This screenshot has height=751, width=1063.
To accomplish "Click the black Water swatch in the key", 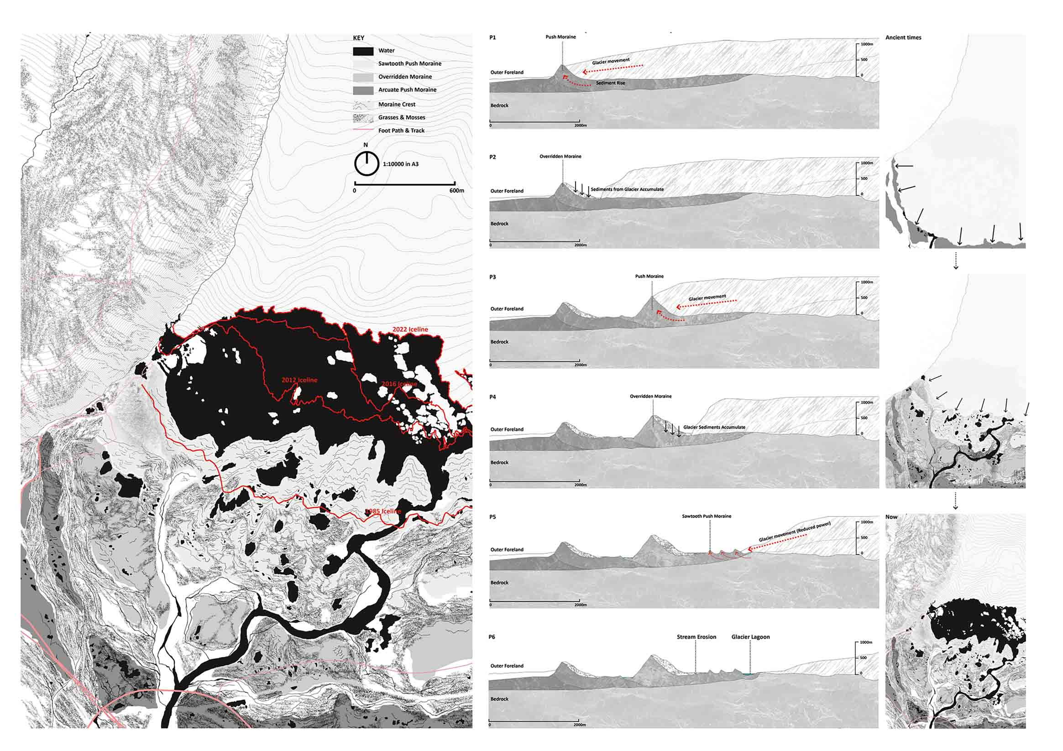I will (363, 51).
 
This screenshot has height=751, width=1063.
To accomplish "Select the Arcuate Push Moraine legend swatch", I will (363, 90).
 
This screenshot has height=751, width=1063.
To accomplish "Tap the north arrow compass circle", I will (367, 164).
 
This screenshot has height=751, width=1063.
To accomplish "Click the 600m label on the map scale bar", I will (456, 191).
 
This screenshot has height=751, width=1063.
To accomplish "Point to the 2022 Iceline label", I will (410, 329).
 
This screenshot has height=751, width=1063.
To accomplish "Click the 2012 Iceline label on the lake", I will (299, 380).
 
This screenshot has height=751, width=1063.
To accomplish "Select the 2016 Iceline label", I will (399, 384).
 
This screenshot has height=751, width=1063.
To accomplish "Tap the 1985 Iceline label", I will (383, 511).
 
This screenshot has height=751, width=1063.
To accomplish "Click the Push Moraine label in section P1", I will (560, 37).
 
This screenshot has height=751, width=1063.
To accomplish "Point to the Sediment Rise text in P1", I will (610, 83).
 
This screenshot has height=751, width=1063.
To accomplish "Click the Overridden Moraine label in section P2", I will (560, 156).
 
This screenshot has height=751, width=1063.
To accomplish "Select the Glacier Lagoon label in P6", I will (750, 636).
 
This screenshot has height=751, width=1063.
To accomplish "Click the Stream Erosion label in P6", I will (696, 636).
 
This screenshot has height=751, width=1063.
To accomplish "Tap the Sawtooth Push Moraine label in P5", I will (706, 516).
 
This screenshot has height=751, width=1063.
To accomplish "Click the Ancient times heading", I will (903, 37).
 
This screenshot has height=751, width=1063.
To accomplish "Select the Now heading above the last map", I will (891, 517).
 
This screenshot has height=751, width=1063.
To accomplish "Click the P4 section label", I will (492, 397).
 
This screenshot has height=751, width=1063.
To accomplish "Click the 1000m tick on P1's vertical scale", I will (867, 44).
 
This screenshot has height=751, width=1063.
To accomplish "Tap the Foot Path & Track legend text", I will (401, 130).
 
